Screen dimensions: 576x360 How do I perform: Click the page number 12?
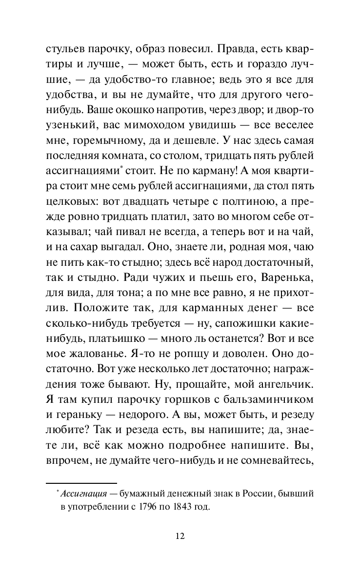click(180, 536)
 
